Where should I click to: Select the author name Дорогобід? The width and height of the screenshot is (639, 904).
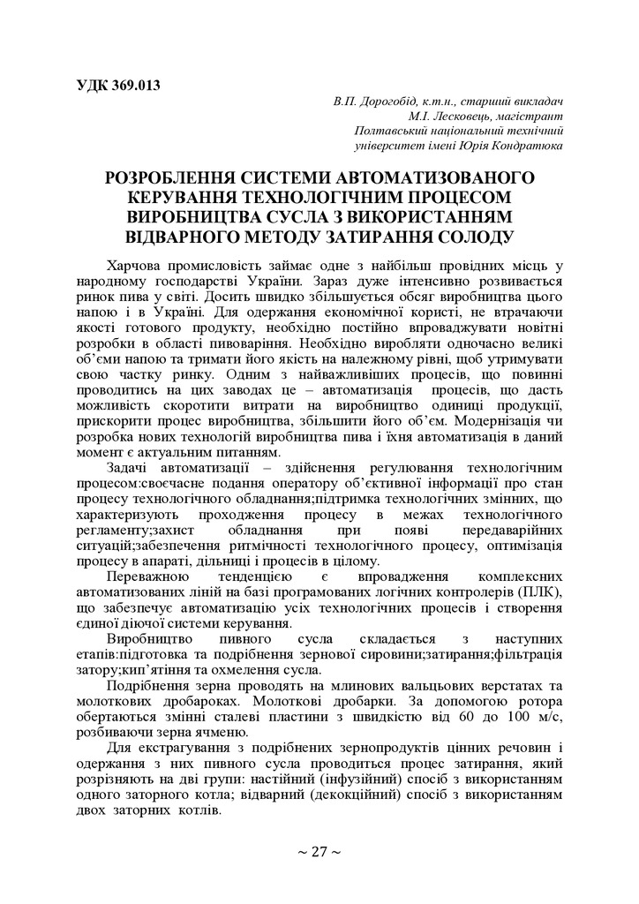(394, 102)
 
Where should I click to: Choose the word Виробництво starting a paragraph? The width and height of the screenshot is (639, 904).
(147, 637)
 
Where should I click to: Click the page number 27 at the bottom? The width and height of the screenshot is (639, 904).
(319, 852)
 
